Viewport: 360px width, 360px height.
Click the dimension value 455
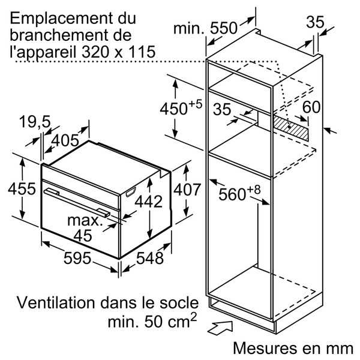[x=22, y=189]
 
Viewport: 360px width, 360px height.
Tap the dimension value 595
[x=77, y=258]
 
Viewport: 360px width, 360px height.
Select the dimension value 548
[x=149, y=258]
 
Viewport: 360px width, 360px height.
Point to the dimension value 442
[x=149, y=202]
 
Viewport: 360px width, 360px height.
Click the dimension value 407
[x=187, y=190]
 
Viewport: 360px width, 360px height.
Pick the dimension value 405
[x=65, y=140]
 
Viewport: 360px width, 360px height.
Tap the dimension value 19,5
[x=35, y=121]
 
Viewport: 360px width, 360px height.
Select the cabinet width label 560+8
[x=239, y=193]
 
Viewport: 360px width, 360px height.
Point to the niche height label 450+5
[x=181, y=107]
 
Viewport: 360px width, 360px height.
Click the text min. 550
[x=205, y=28]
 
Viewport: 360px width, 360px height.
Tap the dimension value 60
[x=311, y=107]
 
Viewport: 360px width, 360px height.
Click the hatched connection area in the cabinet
[x=291, y=128]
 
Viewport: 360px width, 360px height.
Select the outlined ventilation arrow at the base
[x=220, y=328]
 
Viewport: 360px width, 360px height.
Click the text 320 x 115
[x=119, y=52]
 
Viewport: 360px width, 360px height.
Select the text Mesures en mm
[x=293, y=348]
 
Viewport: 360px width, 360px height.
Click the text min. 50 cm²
[x=152, y=320]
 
